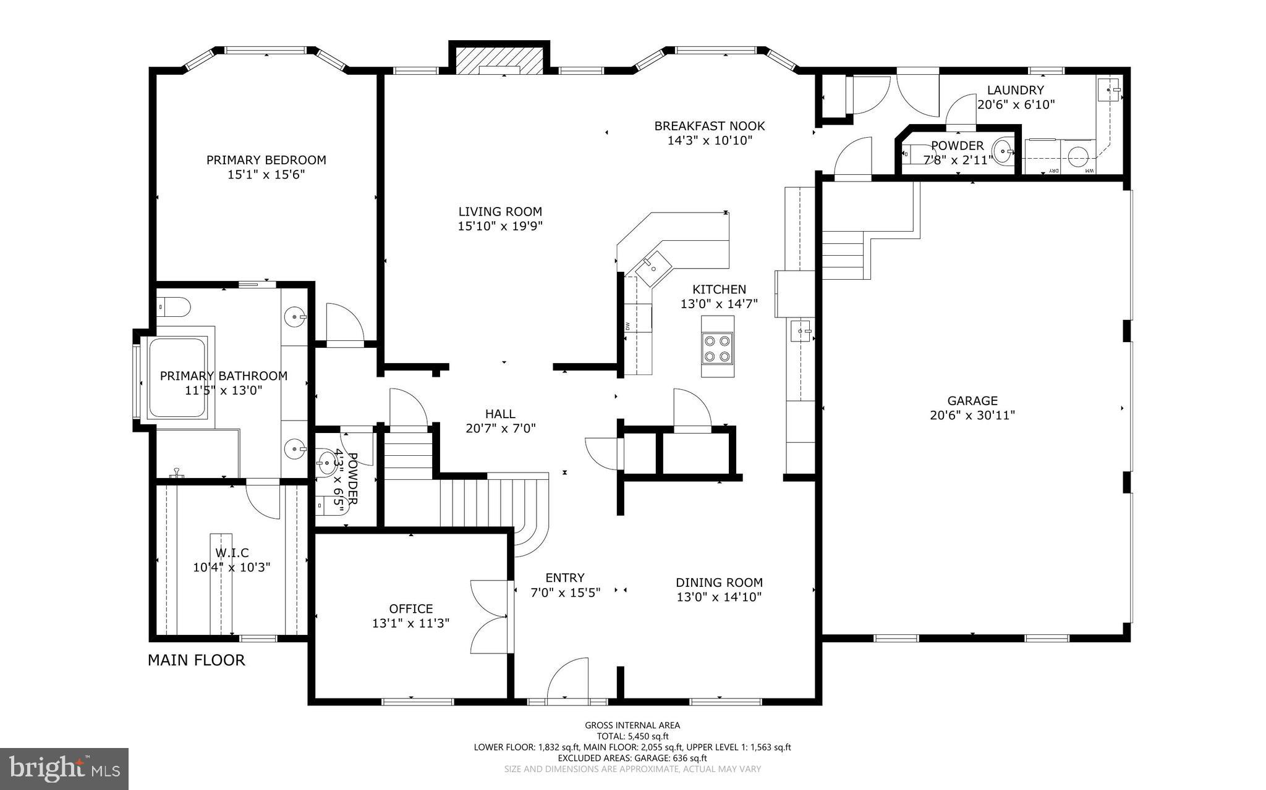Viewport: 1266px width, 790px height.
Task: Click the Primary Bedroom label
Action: (x=266, y=160)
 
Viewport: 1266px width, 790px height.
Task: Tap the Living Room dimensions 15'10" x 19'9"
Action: (x=500, y=226)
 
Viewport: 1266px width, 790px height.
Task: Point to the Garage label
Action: (x=972, y=401)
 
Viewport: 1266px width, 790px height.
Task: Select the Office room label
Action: (x=410, y=608)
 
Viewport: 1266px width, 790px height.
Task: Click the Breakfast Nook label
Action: (x=710, y=126)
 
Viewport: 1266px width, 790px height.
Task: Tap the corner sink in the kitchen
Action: (x=653, y=267)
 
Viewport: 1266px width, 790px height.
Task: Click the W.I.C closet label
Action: (x=232, y=553)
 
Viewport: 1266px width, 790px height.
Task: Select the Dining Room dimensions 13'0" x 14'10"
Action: (x=719, y=597)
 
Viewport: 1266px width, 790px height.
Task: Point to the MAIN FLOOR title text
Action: (x=196, y=660)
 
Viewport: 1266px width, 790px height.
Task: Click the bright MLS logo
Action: (x=64, y=768)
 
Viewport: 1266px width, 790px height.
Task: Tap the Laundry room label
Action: (x=1015, y=90)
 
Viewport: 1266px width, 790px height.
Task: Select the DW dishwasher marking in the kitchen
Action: (x=627, y=326)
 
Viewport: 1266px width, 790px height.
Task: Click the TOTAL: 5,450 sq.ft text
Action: (x=632, y=736)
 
